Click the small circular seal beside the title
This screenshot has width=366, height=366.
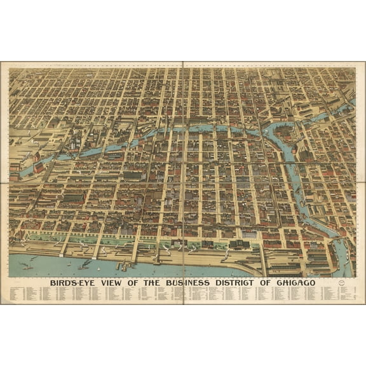point(343,283)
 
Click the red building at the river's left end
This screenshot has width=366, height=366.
point(38,166)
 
